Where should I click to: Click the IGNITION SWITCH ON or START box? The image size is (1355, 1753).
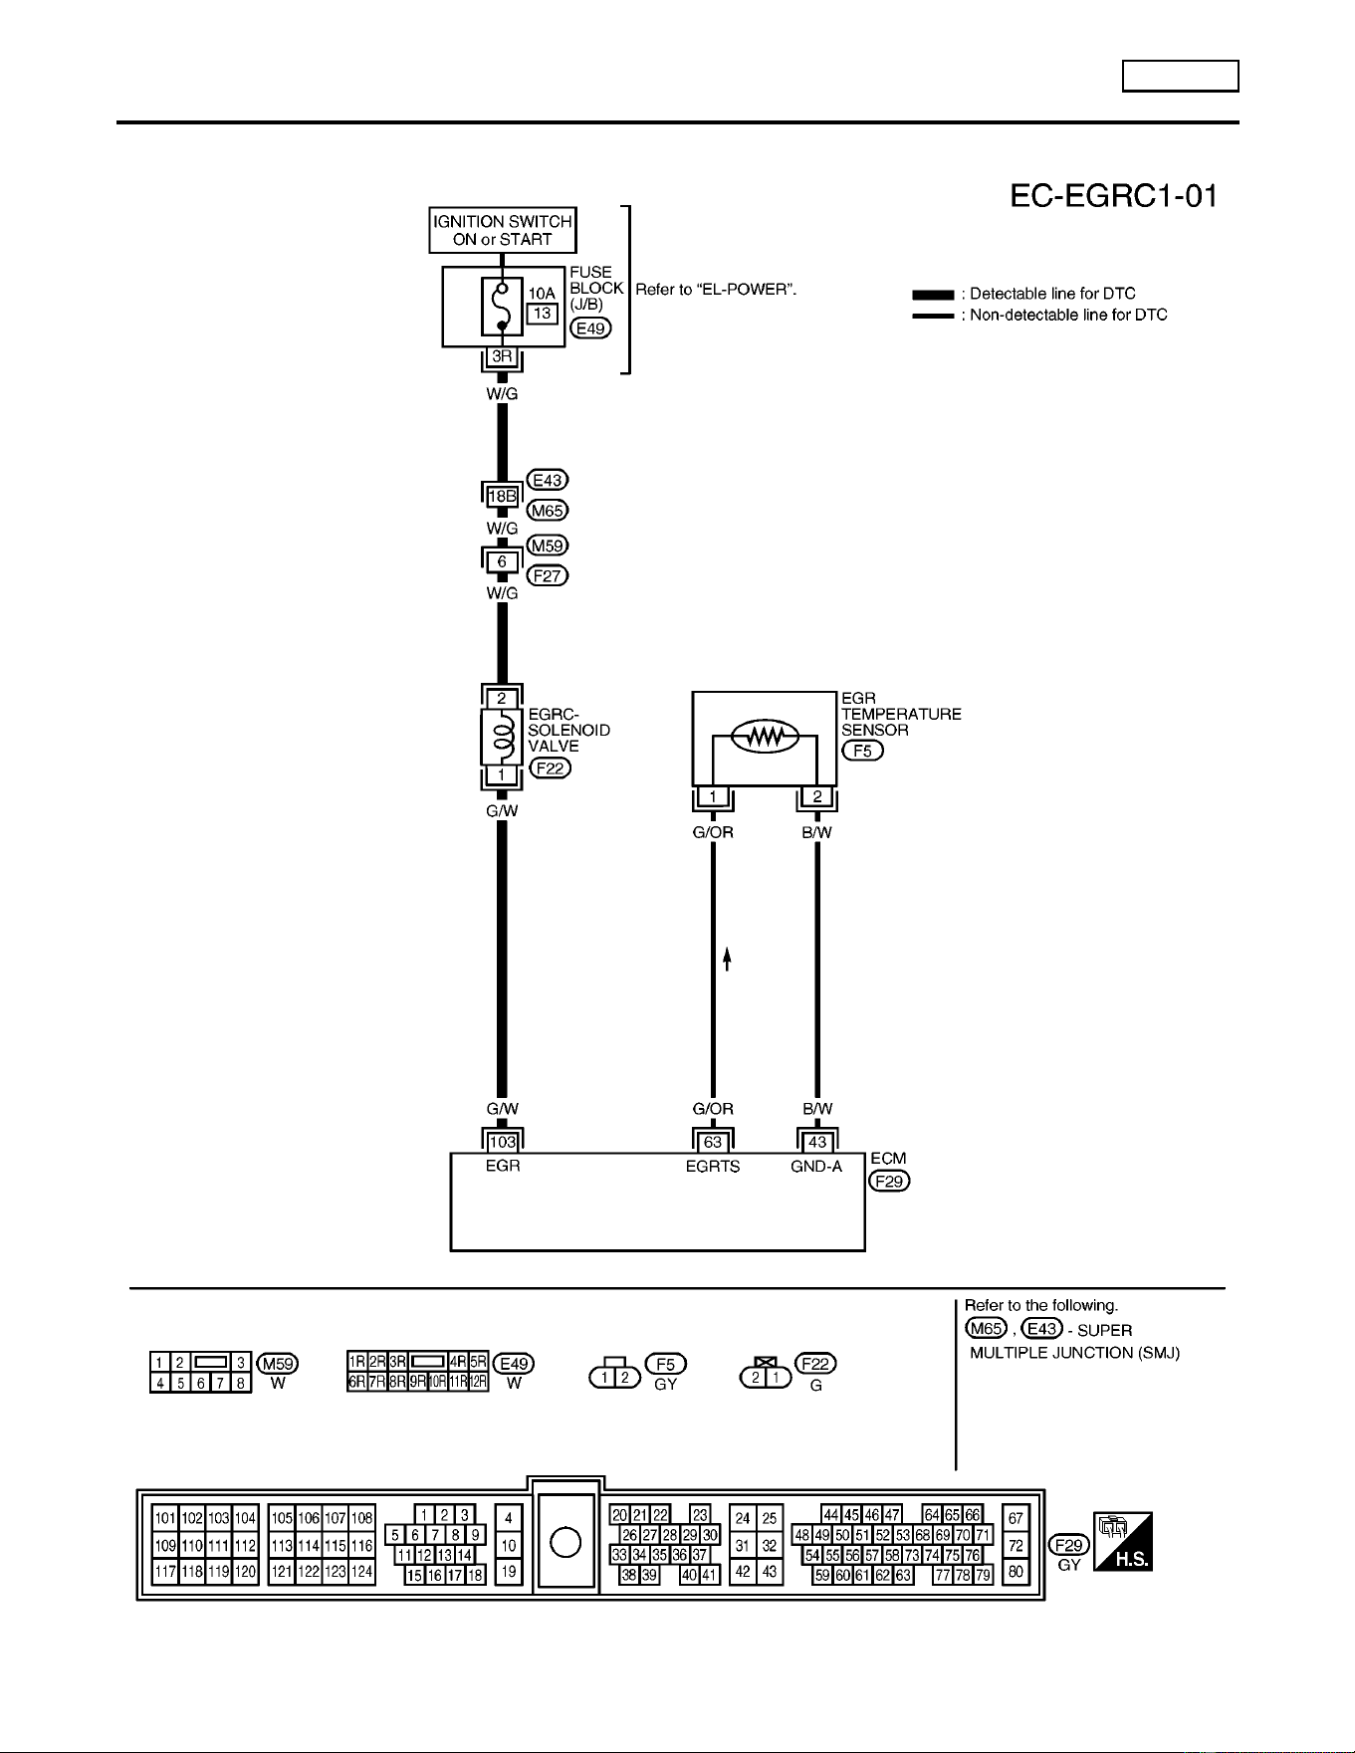(x=503, y=230)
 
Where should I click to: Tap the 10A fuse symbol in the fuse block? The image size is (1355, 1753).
(x=502, y=307)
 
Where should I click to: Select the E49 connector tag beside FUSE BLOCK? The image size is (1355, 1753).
(x=590, y=329)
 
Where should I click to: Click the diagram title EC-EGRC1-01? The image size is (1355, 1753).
(x=1114, y=196)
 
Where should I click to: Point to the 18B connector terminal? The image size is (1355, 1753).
(x=502, y=496)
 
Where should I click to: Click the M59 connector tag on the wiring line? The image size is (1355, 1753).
(x=548, y=546)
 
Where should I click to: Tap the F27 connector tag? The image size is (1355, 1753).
(x=548, y=575)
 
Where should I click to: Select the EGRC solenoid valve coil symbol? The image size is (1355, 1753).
(x=502, y=738)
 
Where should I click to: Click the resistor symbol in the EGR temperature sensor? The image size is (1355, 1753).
(x=765, y=737)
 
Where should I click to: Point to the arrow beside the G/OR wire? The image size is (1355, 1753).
(x=728, y=959)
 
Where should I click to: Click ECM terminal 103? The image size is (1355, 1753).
(x=502, y=1142)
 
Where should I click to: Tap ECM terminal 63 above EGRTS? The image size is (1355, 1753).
(x=713, y=1142)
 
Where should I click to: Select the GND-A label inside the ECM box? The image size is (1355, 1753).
(x=817, y=1167)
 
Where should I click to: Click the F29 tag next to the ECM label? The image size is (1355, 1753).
(x=889, y=1182)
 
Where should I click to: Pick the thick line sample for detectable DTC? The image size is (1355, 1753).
(x=933, y=295)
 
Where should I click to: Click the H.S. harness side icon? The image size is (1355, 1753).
(x=1123, y=1541)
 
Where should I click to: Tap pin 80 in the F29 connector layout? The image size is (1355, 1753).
(x=1016, y=1573)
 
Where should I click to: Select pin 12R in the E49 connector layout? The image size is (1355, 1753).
(x=478, y=1383)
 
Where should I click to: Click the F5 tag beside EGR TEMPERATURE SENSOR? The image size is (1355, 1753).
(x=862, y=751)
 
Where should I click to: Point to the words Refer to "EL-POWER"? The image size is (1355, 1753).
(x=717, y=290)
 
